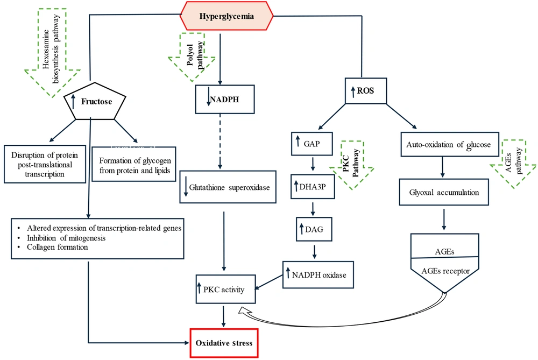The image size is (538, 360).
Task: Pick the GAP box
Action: (x=312, y=144)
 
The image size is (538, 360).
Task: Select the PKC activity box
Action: (x=225, y=290)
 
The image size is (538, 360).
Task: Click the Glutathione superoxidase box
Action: (x=228, y=187)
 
